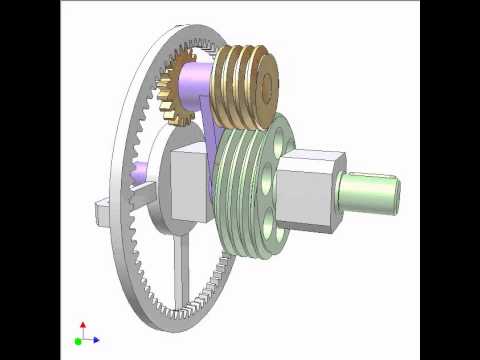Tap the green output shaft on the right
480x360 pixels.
pyautogui.click(x=373, y=190)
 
